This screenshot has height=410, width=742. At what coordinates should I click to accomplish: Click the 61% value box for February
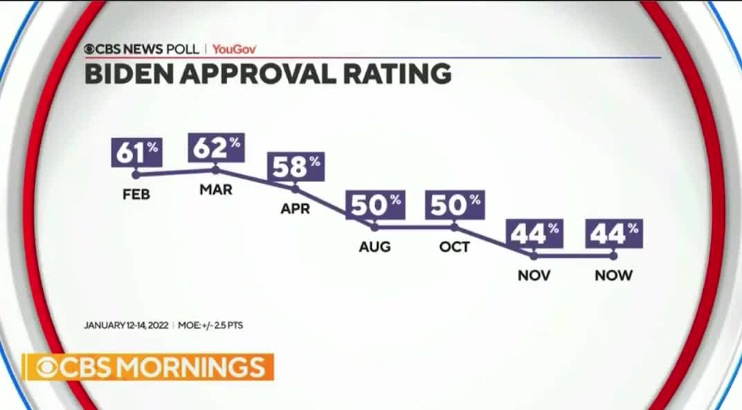pos(136,152)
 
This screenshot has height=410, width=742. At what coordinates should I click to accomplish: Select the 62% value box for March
pos(216,147)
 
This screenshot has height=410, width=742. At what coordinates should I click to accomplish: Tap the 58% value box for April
pos(296,167)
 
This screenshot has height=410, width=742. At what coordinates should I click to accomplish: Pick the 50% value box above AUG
pos(375,205)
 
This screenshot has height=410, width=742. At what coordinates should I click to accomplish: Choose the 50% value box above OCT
pos(455,205)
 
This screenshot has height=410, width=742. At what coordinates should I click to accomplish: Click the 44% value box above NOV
pos(534,234)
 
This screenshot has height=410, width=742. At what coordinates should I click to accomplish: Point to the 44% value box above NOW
pos(614,234)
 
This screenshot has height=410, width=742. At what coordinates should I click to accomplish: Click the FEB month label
pos(136,195)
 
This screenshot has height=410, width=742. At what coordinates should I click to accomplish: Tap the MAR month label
pos(216,190)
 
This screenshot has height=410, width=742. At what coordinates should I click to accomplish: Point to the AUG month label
pos(375,247)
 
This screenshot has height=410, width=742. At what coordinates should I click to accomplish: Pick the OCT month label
pos(455,247)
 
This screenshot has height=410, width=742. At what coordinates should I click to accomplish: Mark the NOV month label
pos(534,276)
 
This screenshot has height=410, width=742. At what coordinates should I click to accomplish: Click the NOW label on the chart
pos(614,276)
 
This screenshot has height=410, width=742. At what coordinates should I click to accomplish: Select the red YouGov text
pos(231,49)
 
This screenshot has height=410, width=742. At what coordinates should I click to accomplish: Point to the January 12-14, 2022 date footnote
pos(126,325)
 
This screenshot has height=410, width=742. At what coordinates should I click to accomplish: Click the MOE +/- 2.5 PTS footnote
pos(210,325)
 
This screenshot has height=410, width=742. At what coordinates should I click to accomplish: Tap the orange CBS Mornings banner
pos(148,367)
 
